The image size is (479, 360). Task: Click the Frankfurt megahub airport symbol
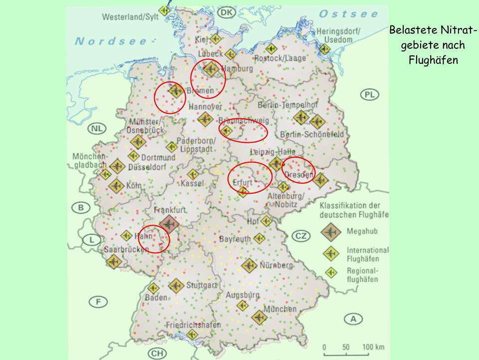coord(168,224)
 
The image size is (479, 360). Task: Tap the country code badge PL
coord(369,95)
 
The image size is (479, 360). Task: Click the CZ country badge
coord(301,236)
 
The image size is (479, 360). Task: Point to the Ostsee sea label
coord(348,13)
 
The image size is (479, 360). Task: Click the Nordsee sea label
coord(111,41)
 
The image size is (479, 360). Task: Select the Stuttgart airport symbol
coord(176,286)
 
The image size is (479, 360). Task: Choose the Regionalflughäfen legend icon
coord(329,272)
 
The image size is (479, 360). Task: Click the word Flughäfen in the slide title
coord(432,60)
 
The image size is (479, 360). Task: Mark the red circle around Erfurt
coord(250,178)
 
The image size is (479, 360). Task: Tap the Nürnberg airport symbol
coord(249,265)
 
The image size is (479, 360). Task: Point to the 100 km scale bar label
coord(373,347)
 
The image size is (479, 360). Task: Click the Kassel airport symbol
coord(193,174)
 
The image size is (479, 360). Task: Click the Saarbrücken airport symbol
coord(114,262)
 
